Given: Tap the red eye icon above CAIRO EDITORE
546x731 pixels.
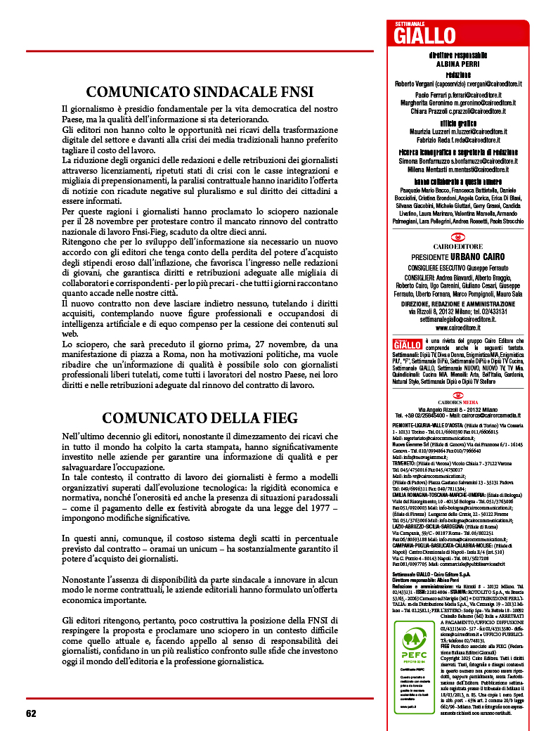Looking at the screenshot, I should [457, 238].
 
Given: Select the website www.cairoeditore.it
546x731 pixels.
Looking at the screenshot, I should [457, 327].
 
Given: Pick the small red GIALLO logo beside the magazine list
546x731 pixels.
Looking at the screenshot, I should [408, 344].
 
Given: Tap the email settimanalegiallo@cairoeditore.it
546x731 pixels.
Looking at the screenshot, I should [457, 318].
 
